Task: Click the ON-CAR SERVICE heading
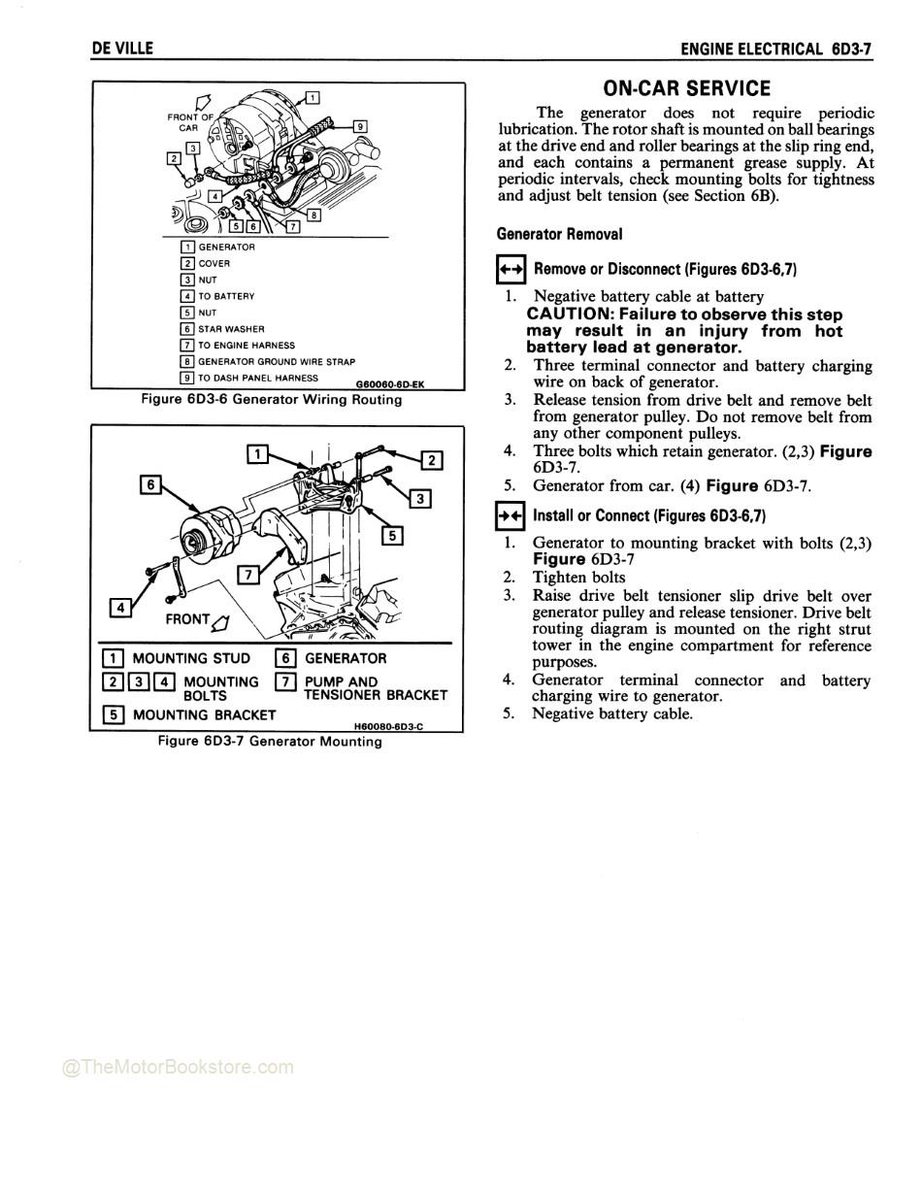686,88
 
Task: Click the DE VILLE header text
122,48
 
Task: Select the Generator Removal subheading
559,234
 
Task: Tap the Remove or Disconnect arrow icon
510,270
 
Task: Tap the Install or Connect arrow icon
510,516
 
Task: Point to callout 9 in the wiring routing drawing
360,125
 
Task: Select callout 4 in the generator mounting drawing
120,608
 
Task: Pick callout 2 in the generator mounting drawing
433,460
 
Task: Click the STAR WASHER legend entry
231,329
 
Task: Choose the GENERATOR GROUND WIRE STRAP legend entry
277,362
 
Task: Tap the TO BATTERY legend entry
226,296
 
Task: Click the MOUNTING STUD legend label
191,659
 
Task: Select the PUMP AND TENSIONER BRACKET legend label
376,688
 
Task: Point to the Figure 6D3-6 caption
271,399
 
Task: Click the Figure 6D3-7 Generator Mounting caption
271,742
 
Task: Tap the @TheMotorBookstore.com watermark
178,1068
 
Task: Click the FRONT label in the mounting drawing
187,619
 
